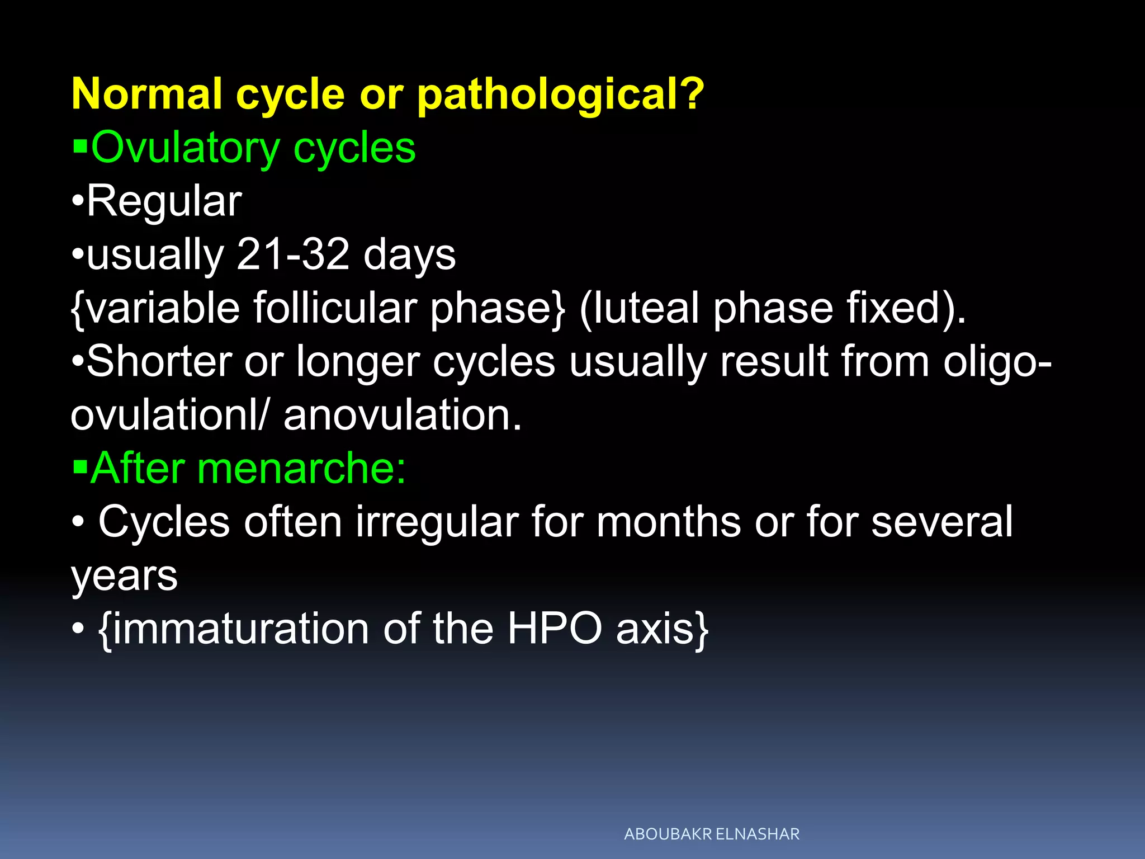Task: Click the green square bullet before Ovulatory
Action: [81, 147]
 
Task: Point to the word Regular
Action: [164, 201]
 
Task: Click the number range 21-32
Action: [293, 254]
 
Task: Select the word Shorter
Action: [159, 362]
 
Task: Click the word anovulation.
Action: [403, 416]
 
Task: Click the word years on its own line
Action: [124, 577]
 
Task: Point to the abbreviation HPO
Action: [554, 629]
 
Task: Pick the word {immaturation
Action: [233, 629]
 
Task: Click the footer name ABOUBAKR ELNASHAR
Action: [711, 834]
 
